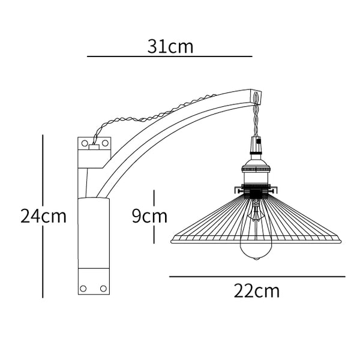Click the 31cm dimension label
click(170, 47)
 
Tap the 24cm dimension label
click(43, 216)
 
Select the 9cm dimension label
click(149, 216)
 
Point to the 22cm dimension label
click(257, 291)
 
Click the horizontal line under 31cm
click(170, 56)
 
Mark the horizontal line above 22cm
click(257, 277)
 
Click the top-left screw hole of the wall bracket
click(85, 143)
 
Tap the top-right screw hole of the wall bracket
click(105, 143)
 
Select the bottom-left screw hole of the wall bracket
click(83, 289)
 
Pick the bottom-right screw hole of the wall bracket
click(104, 289)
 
